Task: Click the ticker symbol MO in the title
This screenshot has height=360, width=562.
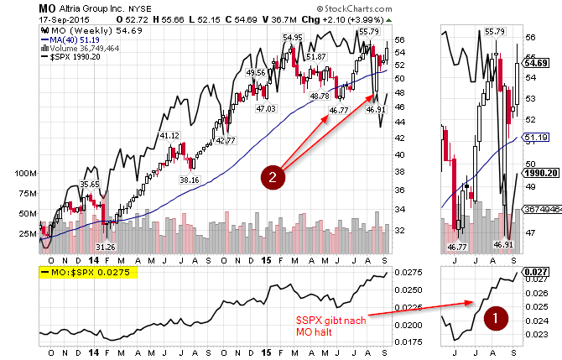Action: [48, 8]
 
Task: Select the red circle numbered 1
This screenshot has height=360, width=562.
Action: [496, 317]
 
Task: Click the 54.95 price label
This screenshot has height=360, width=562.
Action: [292, 37]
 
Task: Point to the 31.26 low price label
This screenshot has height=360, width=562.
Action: [106, 248]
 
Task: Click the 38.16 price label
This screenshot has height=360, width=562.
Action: [190, 180]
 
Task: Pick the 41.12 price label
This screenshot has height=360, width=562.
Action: [169, 135]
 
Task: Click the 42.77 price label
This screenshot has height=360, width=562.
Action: [226, 140]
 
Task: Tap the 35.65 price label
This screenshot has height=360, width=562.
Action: [90, 184]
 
